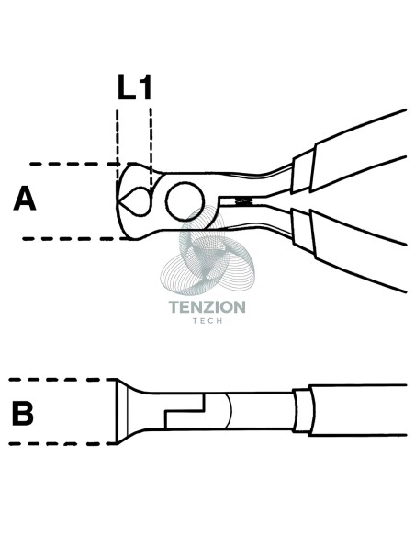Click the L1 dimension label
coord(134,87)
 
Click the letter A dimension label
coord(25,199)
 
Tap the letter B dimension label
coord(23,414)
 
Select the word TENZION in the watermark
coord(207,307)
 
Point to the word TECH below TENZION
coord(207,321)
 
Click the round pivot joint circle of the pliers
coord(185,201)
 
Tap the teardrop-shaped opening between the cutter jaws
coord(135,201)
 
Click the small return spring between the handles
coord(242,201)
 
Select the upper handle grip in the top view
coord(359,150)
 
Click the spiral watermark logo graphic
coord(207,251)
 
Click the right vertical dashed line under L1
coord(151,149)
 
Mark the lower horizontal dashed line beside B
coord(63,444)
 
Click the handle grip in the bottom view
coord(357,410)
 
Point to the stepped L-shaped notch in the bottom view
coord(185,411)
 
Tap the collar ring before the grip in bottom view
coord(303,410)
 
